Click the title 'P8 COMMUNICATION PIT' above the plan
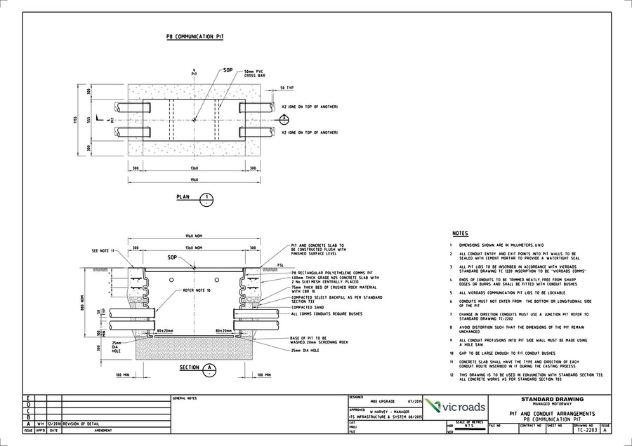(195, 36)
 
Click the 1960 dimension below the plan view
(195, 180)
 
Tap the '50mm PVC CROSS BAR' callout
(255, 74)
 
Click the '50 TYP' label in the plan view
(287, 88)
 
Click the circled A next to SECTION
(209, 368)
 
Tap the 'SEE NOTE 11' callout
(105, 250)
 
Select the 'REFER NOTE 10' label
(197, 290)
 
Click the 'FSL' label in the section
(279, 265)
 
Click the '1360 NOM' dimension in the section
(194, 248)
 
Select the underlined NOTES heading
(460, 234)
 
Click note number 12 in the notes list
(452, 375)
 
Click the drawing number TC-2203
(586, 431)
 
